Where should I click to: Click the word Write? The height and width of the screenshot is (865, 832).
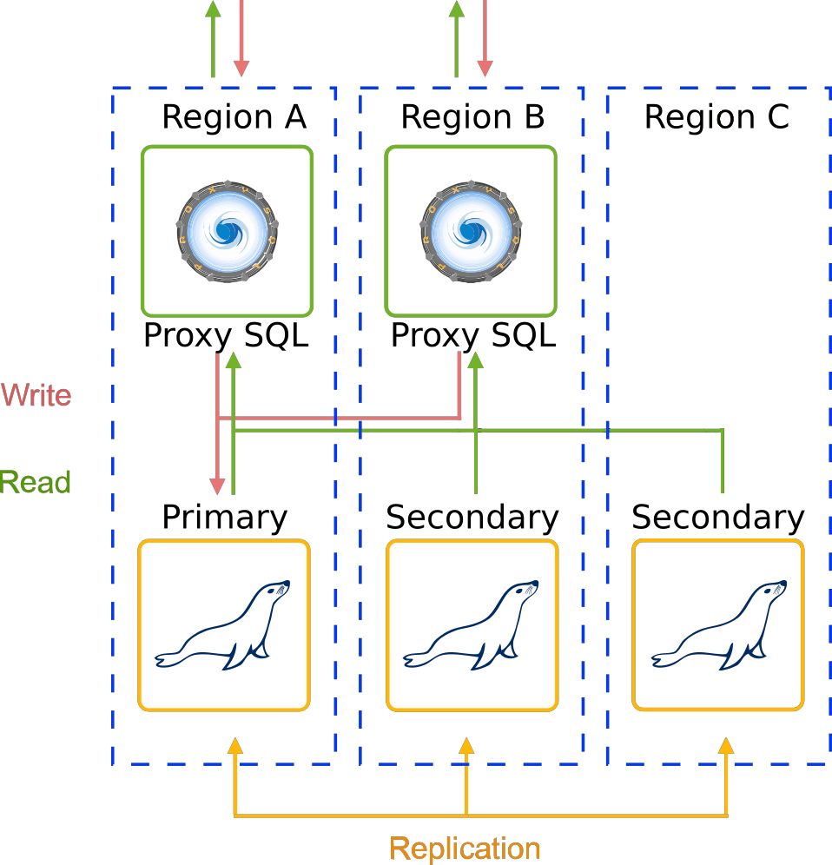point(36,395)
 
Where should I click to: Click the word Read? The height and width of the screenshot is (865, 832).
point(36,482)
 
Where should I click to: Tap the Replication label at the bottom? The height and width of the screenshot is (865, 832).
point(465,848)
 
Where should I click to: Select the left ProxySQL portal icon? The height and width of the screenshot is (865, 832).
point(227,230)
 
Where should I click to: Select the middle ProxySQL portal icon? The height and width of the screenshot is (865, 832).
point(470,230)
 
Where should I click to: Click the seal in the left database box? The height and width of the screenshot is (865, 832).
point(223,625)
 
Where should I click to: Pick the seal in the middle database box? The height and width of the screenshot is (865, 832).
point(472,625)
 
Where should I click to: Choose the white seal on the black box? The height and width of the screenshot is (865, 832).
point(718,625)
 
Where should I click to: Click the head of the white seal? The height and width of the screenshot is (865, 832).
point(769,593)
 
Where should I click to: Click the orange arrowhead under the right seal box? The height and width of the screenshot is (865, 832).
point(726,745)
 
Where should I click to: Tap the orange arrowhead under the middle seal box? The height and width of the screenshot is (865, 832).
point(466,745)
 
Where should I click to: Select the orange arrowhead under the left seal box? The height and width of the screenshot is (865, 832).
point(234,745)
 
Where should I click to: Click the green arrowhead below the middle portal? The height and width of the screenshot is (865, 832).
point(475,360)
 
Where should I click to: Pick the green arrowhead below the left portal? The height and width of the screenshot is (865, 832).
point(233,360)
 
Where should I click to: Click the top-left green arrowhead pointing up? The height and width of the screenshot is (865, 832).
point(213,9)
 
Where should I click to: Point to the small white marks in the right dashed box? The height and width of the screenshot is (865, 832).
point(726,119)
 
